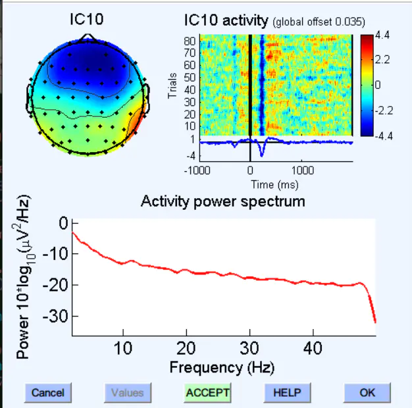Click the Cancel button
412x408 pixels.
click(48, 393)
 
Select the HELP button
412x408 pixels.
click(287, 393)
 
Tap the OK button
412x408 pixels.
click(367, 393)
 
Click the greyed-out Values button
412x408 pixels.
click(127, 393)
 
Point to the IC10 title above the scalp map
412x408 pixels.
click(86, 20)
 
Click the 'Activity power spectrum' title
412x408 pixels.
click(222, 201)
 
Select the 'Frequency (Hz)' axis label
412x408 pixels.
click(222, 367)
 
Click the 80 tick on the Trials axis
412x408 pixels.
click(191, 41)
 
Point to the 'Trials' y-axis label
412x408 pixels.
click(172, 86)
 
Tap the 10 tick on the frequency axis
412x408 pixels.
click(123, 347)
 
